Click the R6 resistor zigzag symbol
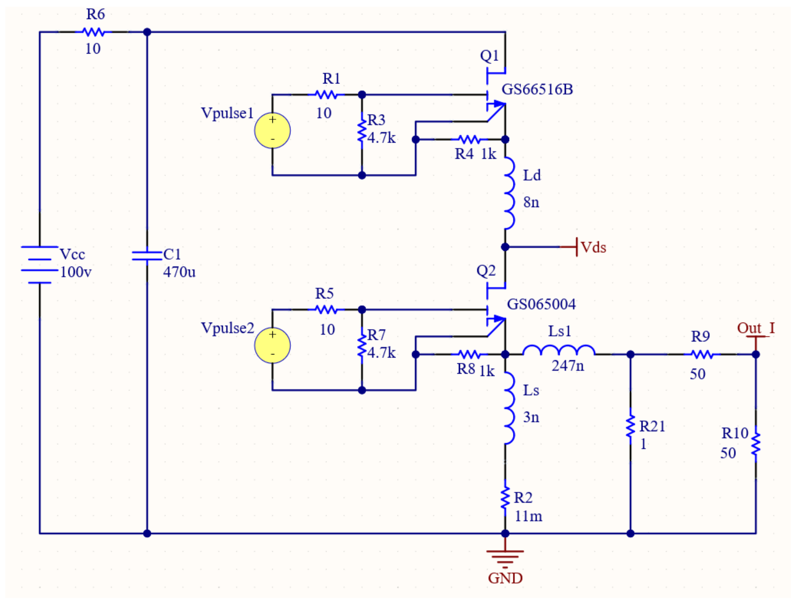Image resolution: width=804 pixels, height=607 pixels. point(93,32)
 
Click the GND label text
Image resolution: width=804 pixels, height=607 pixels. point(505,578)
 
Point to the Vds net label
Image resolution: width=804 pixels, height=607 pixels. point(593,248)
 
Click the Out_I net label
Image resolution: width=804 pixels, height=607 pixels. point(756,328)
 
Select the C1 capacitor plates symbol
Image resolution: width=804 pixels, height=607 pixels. point(147,256)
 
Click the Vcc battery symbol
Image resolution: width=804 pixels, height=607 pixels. point(40,264)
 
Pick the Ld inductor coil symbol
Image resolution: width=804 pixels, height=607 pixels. point(509,193)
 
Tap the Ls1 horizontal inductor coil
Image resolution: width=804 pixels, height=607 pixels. point(559,351)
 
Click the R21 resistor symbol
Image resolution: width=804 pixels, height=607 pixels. point(631,426)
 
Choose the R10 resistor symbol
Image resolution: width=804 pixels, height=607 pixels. point(756,444)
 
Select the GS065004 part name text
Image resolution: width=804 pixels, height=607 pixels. point(541,304)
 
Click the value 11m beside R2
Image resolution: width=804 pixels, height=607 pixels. point(528,516)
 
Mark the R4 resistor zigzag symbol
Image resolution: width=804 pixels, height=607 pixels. point(469,139)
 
